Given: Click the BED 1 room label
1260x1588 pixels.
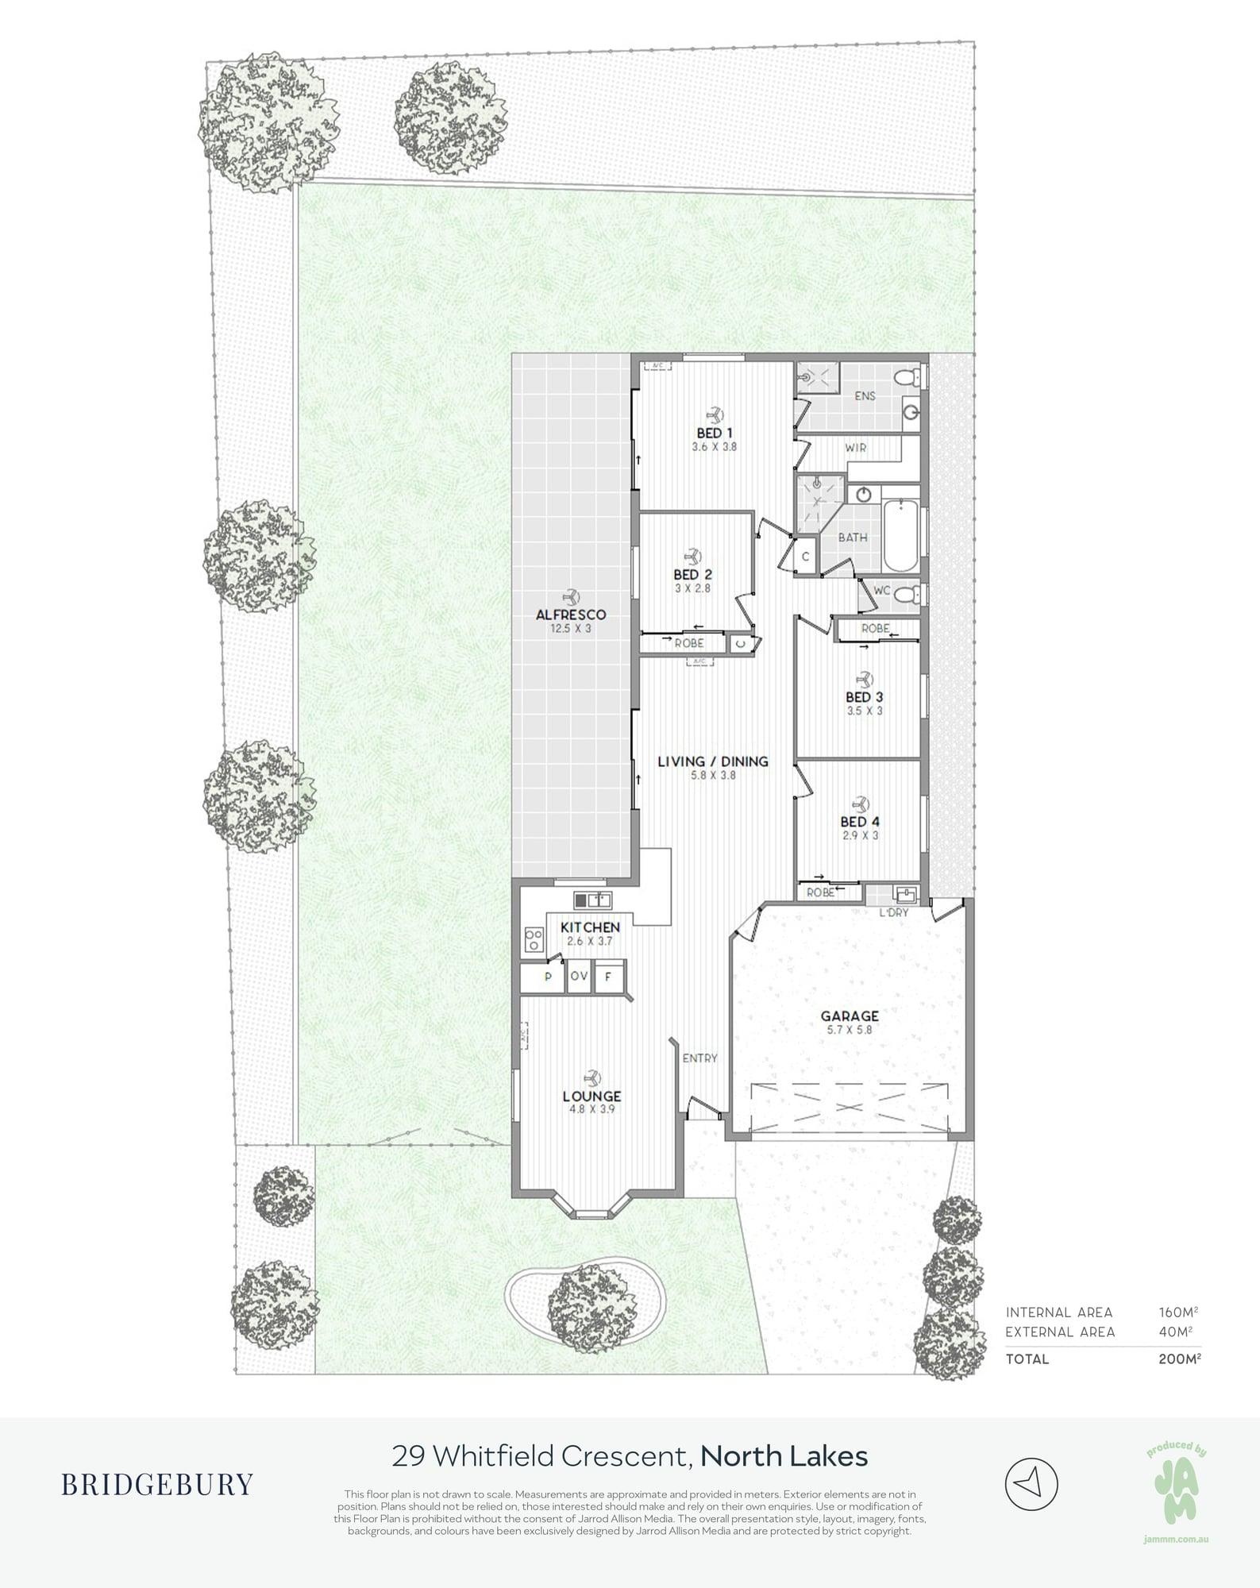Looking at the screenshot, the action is tap(715, 433).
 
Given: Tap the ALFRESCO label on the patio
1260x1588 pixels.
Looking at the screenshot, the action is tap(571, 615).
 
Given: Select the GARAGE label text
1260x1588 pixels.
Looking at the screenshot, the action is tap(850, 1016).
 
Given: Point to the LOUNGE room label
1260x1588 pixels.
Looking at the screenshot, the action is tap(591, 1097).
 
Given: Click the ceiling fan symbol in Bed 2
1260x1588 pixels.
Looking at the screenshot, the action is tap(692, 555).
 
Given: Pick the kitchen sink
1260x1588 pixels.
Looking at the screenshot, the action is tap(592, 900).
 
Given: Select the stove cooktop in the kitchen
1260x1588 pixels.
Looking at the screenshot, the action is tap(534, 940).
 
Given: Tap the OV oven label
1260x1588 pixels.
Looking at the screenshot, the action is tap(579, 976).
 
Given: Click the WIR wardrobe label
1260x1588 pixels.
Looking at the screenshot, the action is tap(856, 448).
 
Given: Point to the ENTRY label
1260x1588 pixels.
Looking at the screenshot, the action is tap(699, 1058).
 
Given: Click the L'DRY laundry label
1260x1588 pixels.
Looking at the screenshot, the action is tap(893, 913).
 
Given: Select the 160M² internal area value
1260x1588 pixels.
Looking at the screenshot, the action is tap(1178, 1312).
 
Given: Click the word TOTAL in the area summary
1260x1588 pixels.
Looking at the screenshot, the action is tap(1027, 1359).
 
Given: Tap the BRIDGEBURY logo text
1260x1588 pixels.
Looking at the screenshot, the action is tap(157, 1483).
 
